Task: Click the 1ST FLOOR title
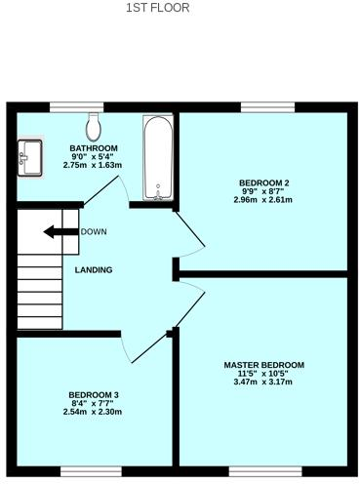(x=157, y=8)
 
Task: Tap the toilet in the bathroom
(x=94, y=125)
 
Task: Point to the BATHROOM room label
(x=93, y=148)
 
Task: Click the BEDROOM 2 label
(x=263, y=182)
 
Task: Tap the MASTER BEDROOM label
(x=262, y=363)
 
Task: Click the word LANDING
(x=93, y=270)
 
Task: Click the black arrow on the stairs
(x=60, y=232)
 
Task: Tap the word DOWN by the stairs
(x=94, y=232)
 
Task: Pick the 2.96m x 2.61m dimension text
(x=263, y=200)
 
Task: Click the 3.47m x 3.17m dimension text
(x=262, y=382)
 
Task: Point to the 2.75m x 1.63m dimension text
(x=93, y=165)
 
